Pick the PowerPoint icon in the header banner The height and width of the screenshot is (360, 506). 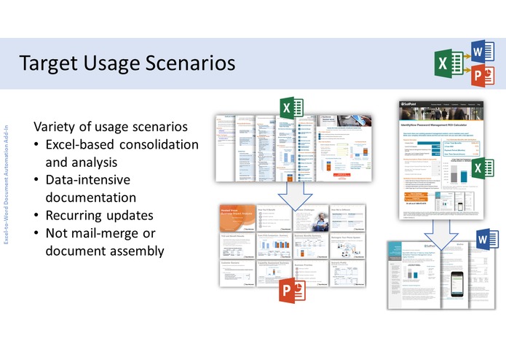pyautogui.click(x=478, y=76)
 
